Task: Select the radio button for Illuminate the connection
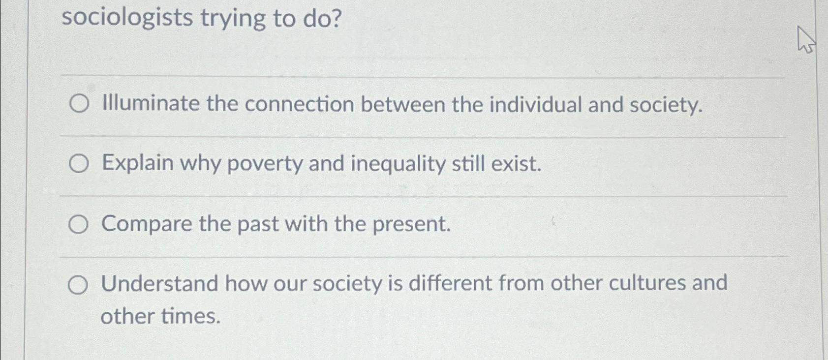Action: [79, 104]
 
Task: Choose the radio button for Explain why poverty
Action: [79, 163]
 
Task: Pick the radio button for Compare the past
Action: [78, 224]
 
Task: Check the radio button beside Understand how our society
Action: [78, 284]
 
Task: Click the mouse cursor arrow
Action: [805, 39]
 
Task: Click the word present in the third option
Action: [411, 224]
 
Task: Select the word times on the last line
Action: [190, 316]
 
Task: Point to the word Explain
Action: [137, 164]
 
